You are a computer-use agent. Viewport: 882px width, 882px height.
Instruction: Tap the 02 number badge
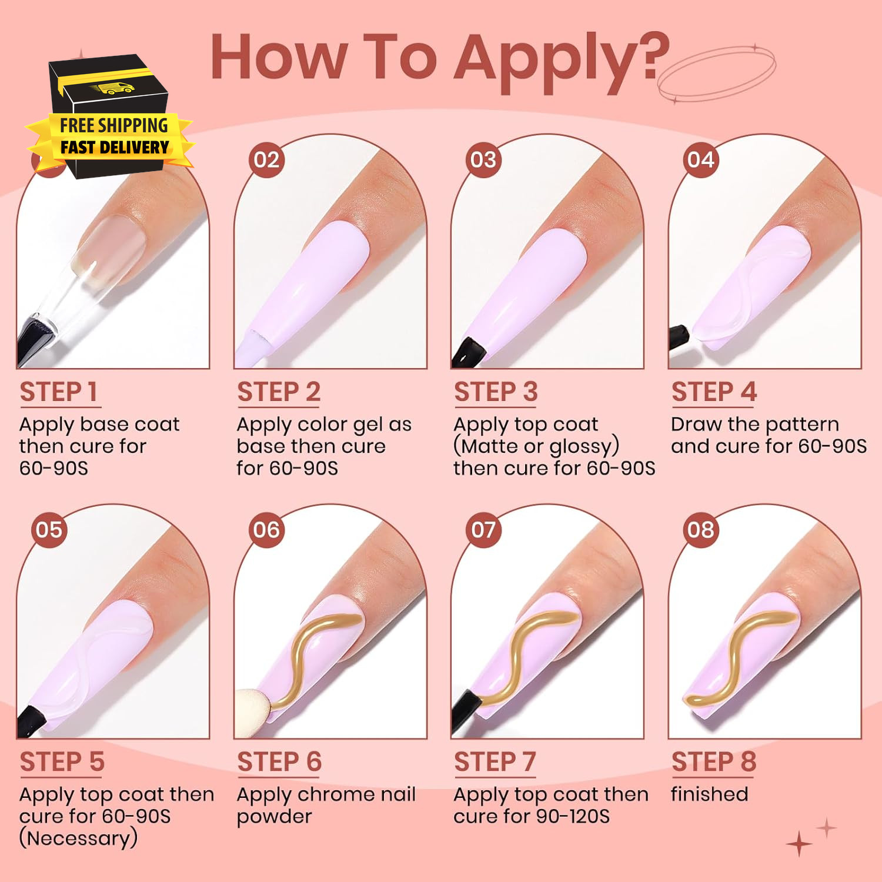tap(266, 160)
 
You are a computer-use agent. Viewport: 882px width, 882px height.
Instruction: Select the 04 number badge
tap(701, 160)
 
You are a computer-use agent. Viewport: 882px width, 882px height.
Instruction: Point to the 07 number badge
tap(483, 530)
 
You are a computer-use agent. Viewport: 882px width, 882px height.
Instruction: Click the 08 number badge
tap(701, 530)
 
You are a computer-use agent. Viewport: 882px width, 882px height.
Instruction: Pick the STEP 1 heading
tap(59, 392)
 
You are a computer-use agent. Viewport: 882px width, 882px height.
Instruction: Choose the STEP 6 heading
tap(279, 762)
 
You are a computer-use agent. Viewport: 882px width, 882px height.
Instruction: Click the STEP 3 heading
tap(496, 392)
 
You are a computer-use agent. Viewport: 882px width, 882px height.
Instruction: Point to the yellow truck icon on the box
tap(112, 89)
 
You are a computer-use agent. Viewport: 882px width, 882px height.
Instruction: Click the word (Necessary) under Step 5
tap(78, 838)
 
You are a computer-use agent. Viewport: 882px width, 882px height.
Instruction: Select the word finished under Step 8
tap(710, 794)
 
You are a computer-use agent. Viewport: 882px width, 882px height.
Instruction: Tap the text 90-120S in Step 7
tap(572, 816)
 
